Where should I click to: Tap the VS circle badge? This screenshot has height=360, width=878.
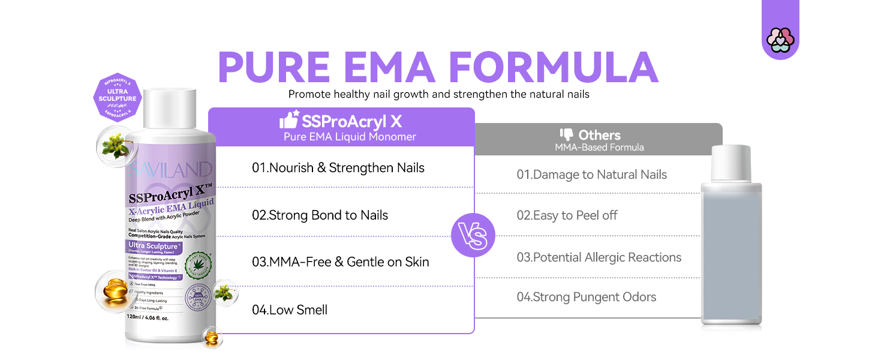click(x=473, y=235)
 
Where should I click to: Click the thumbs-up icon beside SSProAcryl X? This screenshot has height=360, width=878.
click(x=289, y=120)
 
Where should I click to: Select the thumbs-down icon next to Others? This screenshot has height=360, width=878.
click(x=566, y=134)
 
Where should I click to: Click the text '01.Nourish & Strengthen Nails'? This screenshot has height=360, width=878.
click(x=338, y=168)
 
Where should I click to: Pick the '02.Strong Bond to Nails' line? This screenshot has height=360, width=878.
click(x=320, y=215)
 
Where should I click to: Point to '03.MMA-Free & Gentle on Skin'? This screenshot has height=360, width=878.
click(x=340, y=262)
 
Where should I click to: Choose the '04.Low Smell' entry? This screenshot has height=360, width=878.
click(x=289, y=310)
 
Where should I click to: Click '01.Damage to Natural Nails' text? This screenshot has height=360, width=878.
click(x=591, y=175)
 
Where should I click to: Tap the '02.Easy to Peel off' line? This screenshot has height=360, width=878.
click(x=567, y=215)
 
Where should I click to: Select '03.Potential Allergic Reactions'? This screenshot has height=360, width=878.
click(x=599, y=257)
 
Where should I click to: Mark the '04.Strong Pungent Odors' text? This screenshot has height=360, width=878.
click(x=586, y=297)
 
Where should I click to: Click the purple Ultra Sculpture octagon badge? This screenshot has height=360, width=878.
click(x=118, y=97)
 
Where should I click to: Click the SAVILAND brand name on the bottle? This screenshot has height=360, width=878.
click(x=169, y=170)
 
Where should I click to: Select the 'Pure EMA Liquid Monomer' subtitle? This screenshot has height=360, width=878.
click(x=350, y=137)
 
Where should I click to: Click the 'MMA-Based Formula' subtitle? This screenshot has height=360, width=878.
click(x=599, y=147)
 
